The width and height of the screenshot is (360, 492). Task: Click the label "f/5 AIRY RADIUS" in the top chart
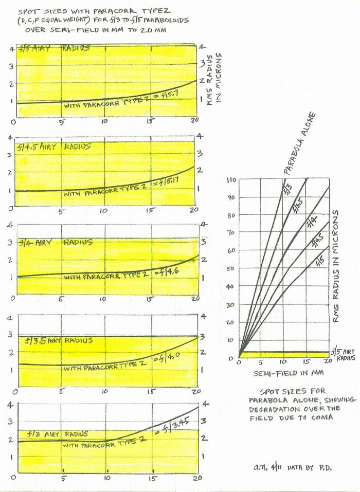tap(54, 48)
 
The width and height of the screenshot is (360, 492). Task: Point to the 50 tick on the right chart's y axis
tap(230, 268)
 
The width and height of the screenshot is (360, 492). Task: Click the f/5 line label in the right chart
tap(320, 257)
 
